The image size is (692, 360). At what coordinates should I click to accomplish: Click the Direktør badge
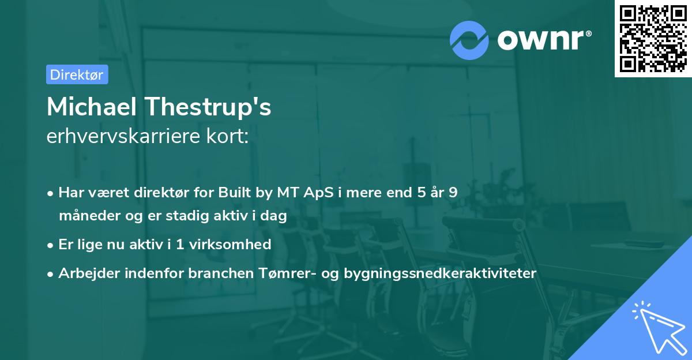point(77,74)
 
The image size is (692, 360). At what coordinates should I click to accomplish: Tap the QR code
point(652,38)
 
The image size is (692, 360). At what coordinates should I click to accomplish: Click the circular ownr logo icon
point(470,40)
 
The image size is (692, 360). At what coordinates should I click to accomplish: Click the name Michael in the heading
point(92,107)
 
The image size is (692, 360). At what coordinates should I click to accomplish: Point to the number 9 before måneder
point(453,193)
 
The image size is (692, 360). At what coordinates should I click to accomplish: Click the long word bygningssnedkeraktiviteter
point(440,273)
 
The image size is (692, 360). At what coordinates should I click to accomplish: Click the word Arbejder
point(85,273)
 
